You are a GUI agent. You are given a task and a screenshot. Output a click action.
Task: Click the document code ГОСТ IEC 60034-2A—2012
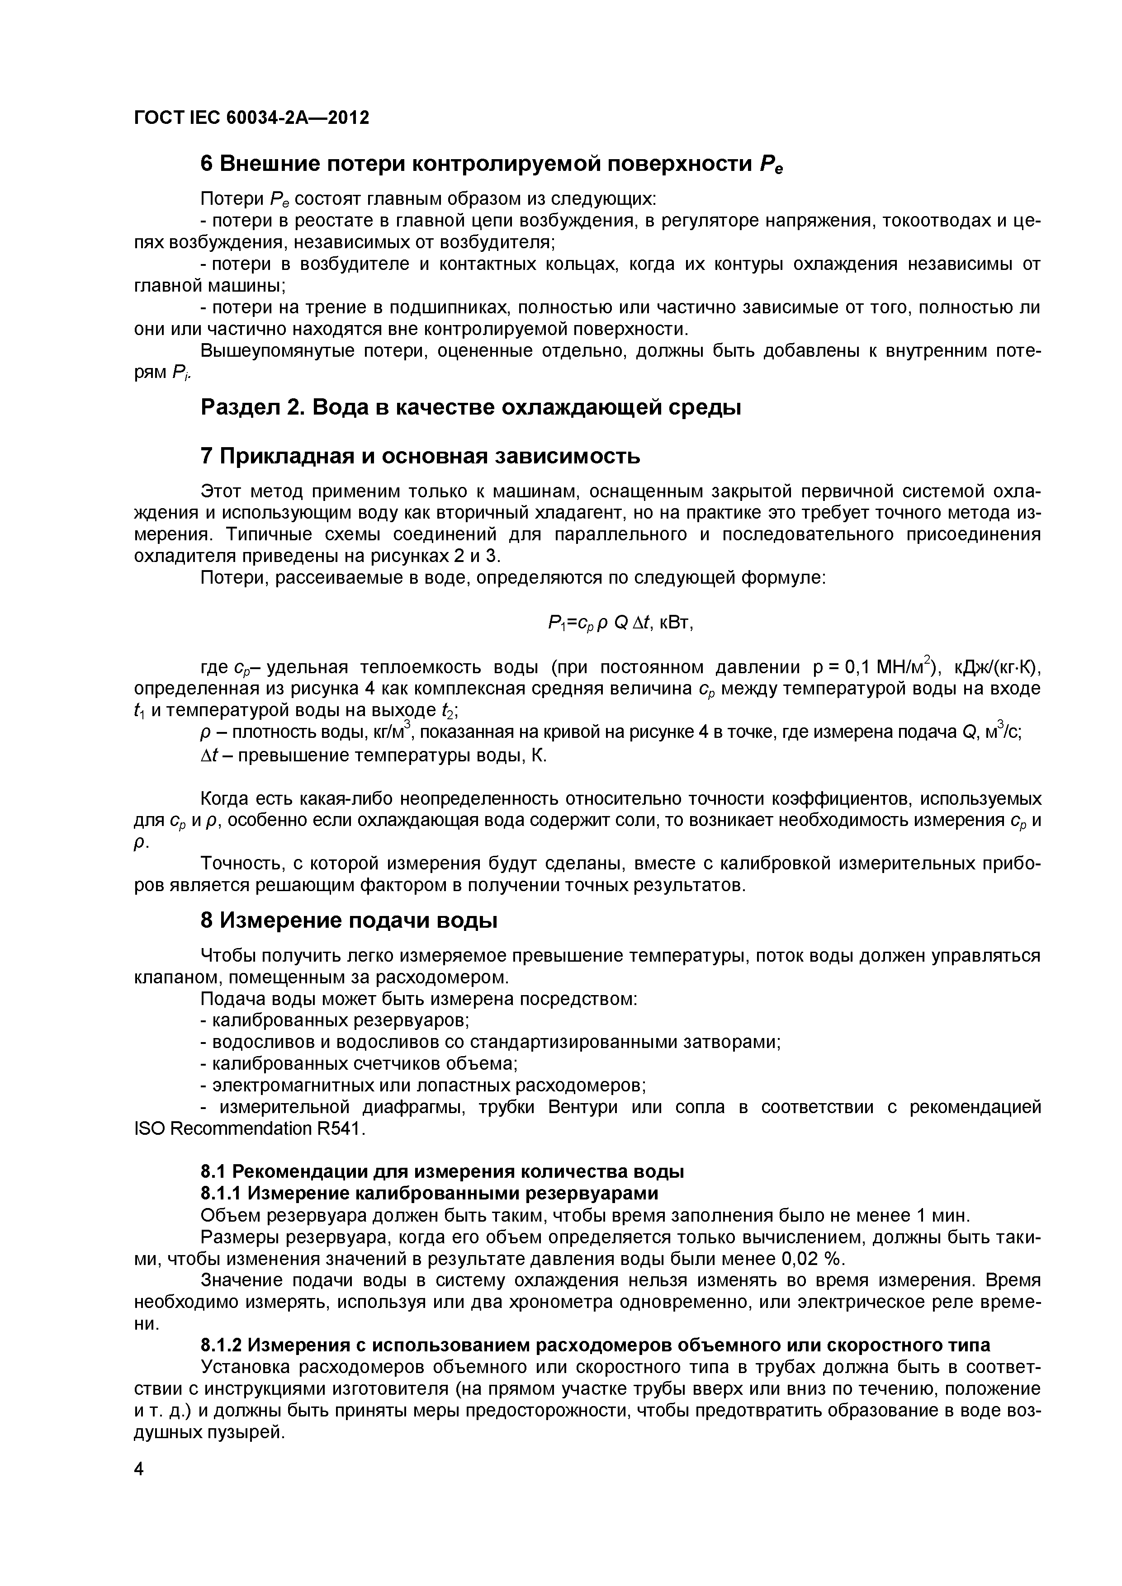click(251, 118)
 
